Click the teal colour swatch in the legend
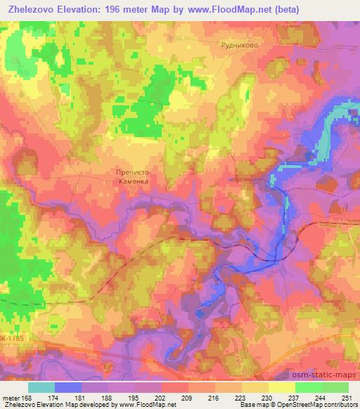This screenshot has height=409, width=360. point(41,387)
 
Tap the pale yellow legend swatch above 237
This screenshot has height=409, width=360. point(281,387)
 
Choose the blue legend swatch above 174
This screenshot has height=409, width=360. point(68,387)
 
